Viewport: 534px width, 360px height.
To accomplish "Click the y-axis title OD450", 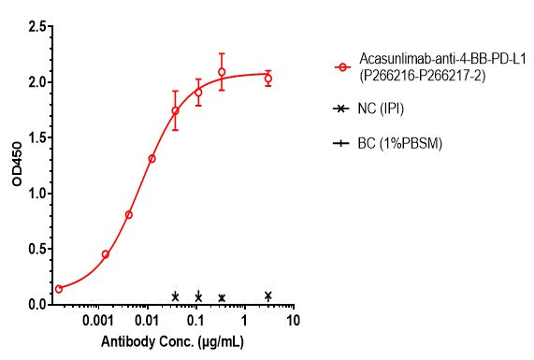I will point(18,166).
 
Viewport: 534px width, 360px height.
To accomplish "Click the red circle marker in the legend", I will point(343,67).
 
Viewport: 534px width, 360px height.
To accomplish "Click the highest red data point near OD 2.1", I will point(222,72).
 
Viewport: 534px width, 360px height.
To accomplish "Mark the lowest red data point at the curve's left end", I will point(59,289).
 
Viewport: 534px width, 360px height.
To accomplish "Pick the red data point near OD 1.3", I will point(152,159).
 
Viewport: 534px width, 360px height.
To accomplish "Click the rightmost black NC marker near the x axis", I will point(268,296).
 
